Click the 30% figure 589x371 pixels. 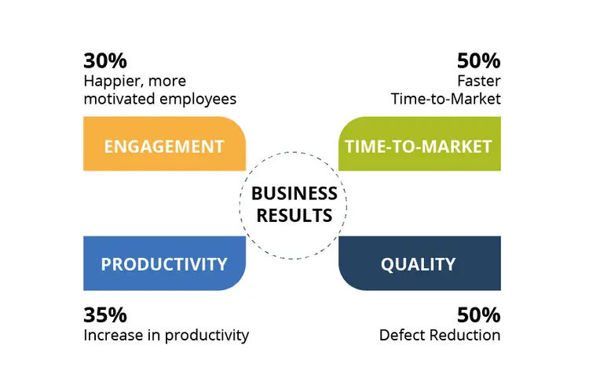[x=105, y=60]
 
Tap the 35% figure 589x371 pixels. [x=105, y=315]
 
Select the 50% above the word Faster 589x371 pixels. [x=478, y=60]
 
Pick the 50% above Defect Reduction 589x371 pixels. [x=478, y=315]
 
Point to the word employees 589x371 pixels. [x=198, y=100]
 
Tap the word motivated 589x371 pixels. [x=119, y=99]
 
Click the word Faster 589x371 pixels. [x=479, y=81]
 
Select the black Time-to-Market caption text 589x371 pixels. [x=446, y=99]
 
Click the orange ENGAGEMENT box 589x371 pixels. [x=165, y=144]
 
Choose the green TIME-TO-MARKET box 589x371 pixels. [x=419, y=144]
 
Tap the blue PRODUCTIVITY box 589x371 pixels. [x=165, y=264]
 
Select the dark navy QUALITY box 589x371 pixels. [x=419, y=264]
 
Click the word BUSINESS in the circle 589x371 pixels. [x=294, y=194]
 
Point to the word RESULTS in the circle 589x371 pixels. [x=294, y=216]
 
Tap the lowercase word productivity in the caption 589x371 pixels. [x=207, y=336]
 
